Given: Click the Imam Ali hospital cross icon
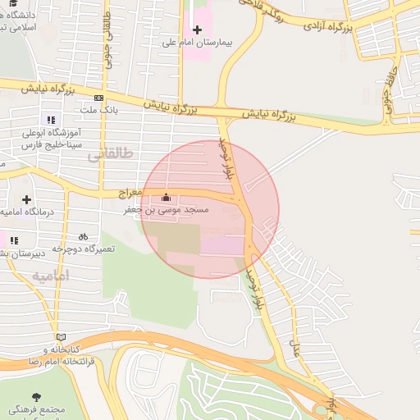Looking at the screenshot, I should [x=197, y=30].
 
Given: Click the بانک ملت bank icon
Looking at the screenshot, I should [x=98, y=97].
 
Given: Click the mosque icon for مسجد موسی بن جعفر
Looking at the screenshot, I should [x=167, y=198].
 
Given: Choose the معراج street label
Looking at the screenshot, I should [x=130, y=194].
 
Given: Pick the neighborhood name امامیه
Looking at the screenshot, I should [x=51, y=276].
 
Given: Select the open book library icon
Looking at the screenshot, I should [x=60, y=337].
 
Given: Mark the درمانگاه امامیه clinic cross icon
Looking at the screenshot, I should [x=26, y=199].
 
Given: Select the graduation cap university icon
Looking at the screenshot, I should [x=11, y=4].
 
